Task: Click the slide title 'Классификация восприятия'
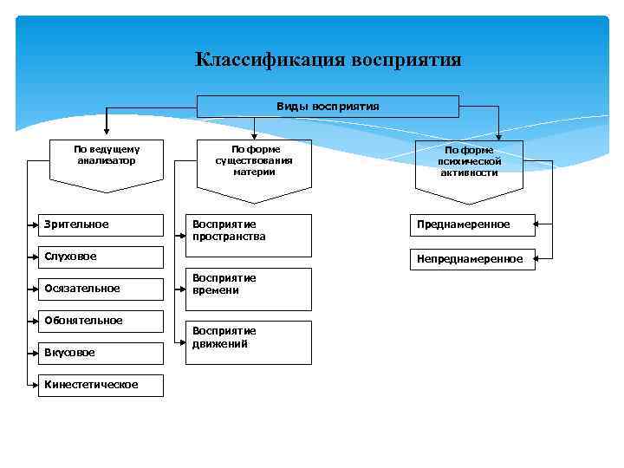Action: click(x=328, y=60)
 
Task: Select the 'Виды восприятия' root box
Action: click(x=328, y=106)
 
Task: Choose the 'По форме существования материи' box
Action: click(x=253, y=162)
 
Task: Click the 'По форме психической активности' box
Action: click(x=469, y=162)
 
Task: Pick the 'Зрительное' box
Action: click(x=101, y=224)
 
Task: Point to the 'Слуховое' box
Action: click(x=101, y=257)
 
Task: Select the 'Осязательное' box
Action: click(x=101, y=289)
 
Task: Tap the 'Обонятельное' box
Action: click(x=101, y=321)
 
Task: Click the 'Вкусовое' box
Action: click(x=101, y=353)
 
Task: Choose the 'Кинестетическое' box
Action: click(x=101, y=385)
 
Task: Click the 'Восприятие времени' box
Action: click(x=250, y=289)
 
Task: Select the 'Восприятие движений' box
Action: click(x=250, y=342)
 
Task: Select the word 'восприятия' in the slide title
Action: click(x=406, y=60)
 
